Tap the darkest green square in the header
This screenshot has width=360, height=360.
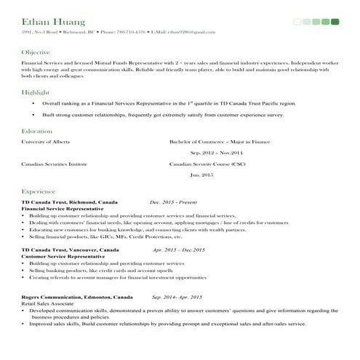point(335,22)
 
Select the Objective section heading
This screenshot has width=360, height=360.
point(36,52)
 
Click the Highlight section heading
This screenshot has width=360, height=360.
point(36,92)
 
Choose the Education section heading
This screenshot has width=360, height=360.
point(37,131)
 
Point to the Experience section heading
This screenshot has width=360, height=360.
point(39,189)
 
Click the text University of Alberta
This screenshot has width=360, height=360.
point(46,142)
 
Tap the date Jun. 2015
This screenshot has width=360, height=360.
point(201,175)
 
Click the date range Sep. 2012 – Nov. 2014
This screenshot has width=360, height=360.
point(216,153)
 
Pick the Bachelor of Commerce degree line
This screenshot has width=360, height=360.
point(219,142)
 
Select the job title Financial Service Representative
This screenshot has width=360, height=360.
point(62,208)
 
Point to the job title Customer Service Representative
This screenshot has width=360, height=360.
point(63,256)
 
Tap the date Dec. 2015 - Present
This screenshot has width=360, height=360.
point(172,201)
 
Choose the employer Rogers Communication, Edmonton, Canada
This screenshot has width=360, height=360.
point(77,297)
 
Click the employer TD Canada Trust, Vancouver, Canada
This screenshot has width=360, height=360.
point(70,249)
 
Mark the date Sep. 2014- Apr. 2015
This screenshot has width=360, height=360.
point(177,297)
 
